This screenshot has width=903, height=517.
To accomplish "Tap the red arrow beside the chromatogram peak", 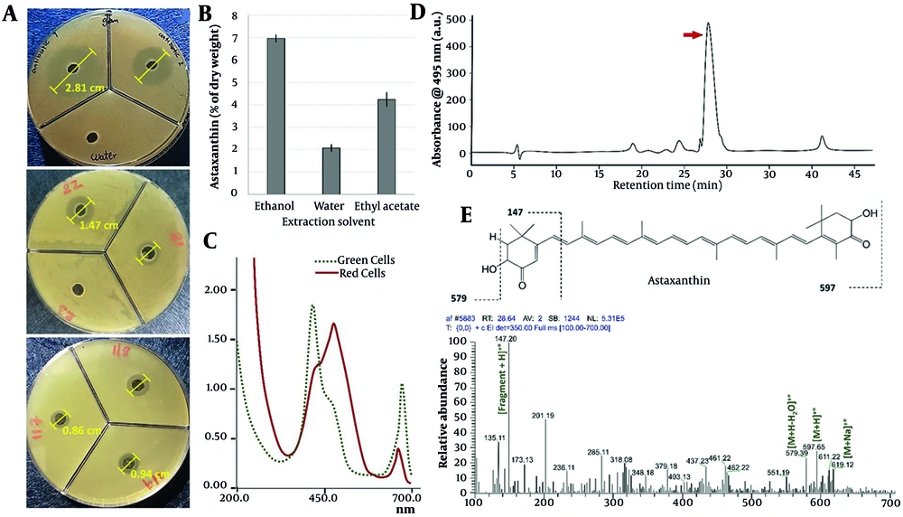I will [x=692, y=34].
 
